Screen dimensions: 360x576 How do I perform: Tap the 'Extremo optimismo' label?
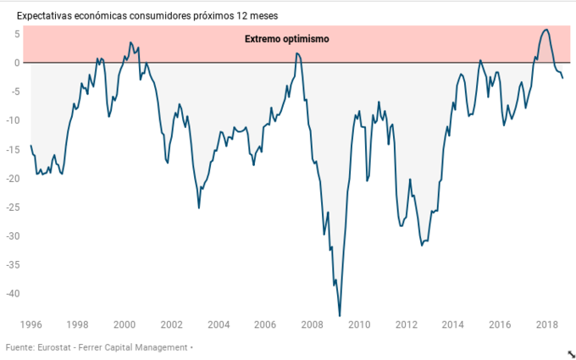[x=286, y=39]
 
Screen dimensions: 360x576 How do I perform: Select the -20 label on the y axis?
[x=13, y=178]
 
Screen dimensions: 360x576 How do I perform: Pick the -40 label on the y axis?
[x=13, y=294]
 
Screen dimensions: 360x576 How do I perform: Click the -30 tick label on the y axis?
[x=13, y=236]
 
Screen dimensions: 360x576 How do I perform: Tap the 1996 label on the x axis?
[x=30, y=324]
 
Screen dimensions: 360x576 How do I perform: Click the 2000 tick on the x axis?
[x=125, y=324]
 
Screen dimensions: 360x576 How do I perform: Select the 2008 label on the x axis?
[x=313, y=324]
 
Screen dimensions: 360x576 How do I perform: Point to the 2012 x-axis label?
[x=407, y=324]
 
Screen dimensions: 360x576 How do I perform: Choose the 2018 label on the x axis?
[x=547, y=324]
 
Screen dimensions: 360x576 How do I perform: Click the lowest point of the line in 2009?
[x=340, y=316]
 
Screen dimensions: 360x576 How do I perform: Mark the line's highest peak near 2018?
[x=546, y=30]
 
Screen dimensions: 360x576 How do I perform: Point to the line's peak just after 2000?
[x=130, y=42]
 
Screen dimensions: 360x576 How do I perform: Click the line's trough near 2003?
[x=199, y=208]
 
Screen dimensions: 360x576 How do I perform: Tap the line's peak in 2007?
[x=297, y=53]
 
